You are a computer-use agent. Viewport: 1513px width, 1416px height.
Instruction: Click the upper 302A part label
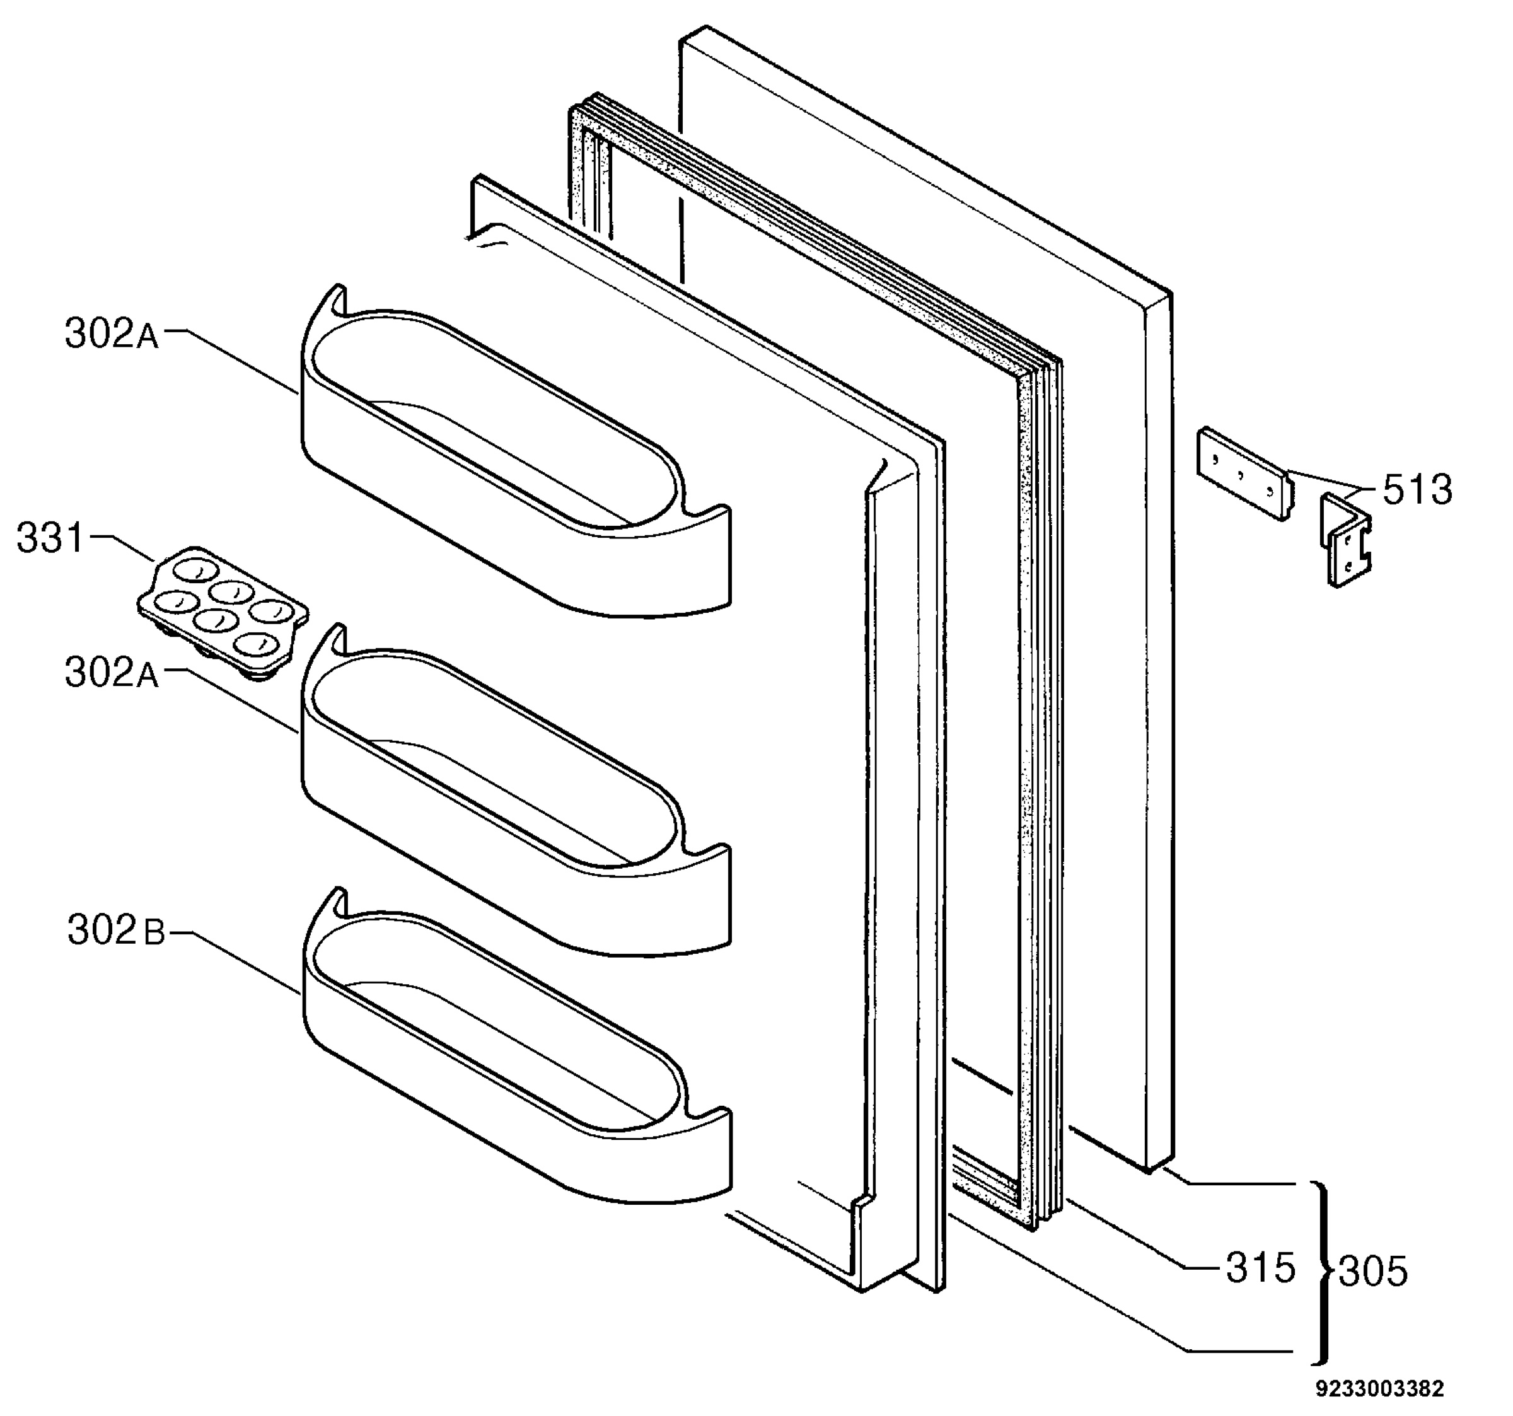(112, 334)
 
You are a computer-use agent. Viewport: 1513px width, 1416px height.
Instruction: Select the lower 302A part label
(112, 673)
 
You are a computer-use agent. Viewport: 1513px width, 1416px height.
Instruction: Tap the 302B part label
(117, 929)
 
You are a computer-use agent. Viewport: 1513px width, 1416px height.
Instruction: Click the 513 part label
(1417, 489)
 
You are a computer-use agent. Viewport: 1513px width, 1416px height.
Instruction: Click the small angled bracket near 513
(1345, 539)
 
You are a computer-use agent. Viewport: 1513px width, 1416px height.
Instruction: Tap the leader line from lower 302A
(232, 700)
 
